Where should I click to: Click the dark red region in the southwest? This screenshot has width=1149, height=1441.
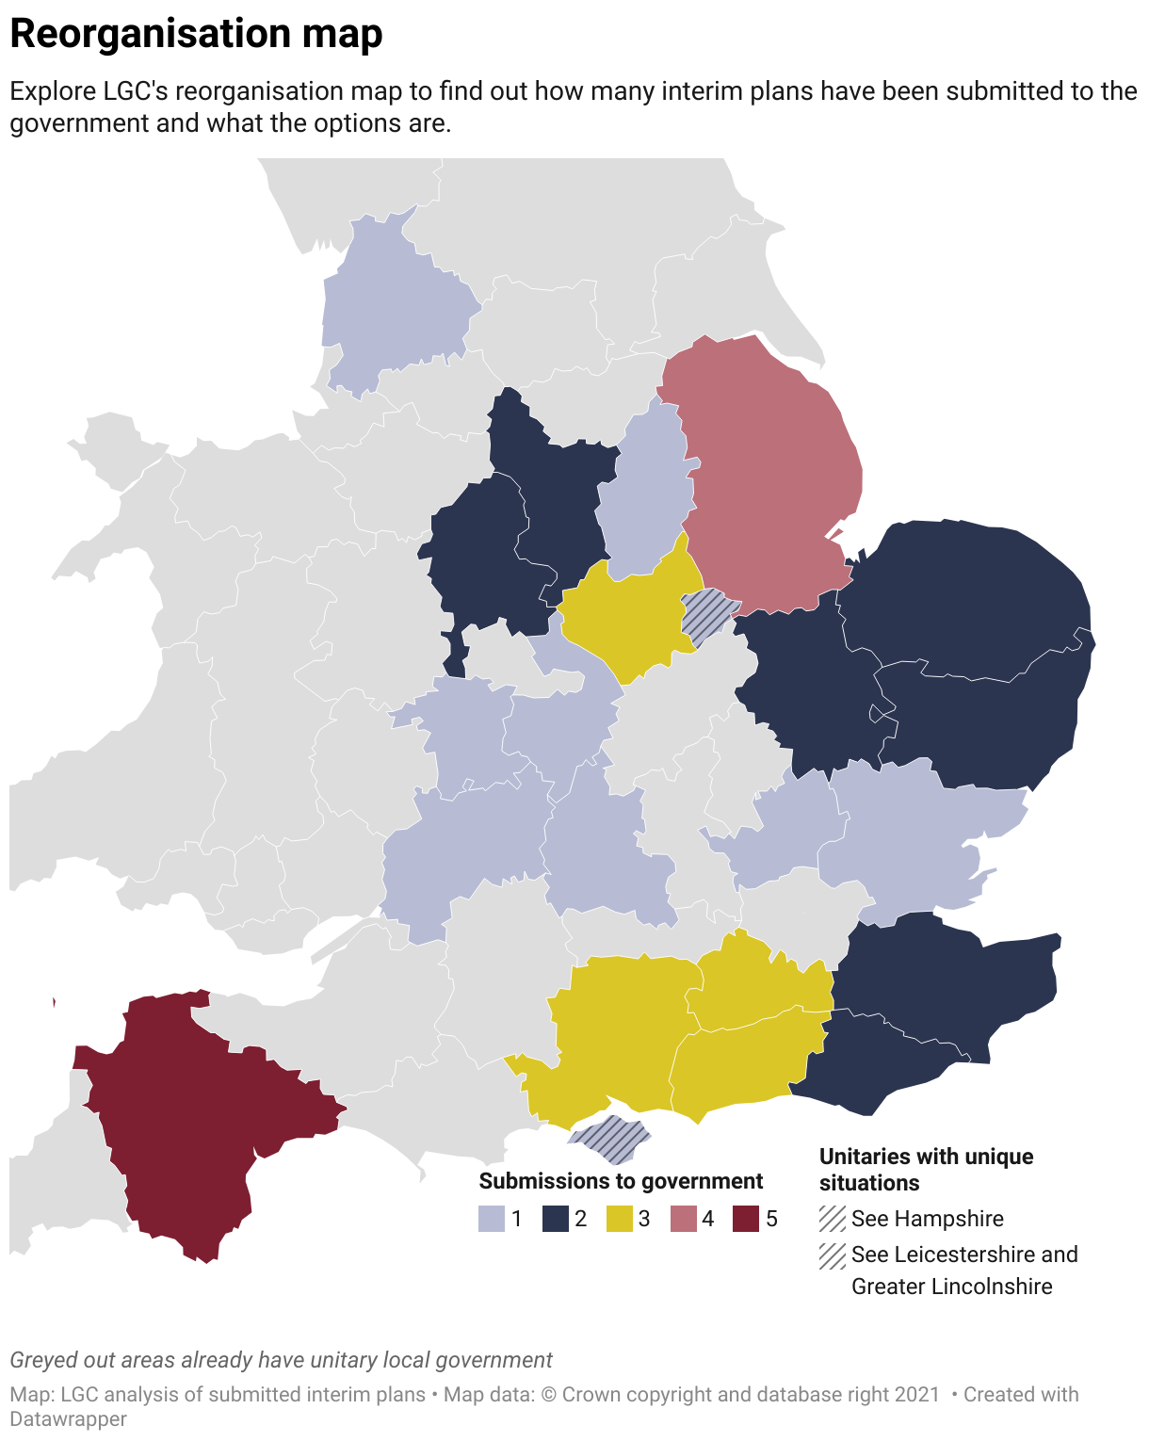click(x=179, y=1121)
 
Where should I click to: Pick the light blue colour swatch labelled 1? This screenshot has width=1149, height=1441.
click(x=492, y=1220)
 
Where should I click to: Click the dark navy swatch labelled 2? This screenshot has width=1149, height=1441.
click(x=556, y=1220)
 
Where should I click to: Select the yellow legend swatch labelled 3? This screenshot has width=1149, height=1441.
click(x=619, y=1220)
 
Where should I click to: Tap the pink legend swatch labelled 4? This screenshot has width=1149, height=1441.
click(x=683, y=1220)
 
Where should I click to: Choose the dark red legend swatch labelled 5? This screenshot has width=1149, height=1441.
click(x=746, y=1220)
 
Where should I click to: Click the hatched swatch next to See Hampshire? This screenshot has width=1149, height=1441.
click(x=833, y=1219)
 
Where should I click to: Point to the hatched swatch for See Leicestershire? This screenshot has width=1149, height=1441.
click(x=833, y=1255)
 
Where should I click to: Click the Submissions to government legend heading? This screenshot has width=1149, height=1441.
click(x=621, y=1181)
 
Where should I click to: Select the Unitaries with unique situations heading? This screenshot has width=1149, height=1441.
click(x=926, y=1169)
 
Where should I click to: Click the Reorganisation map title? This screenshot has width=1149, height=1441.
click(x=196, y=34)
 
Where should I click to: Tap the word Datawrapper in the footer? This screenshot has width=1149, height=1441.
click(x=68, y=1418)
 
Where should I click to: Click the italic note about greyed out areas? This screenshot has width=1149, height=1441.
click(x=281, y=1360)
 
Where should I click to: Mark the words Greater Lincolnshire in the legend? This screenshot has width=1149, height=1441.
click(x=951, y=1287)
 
